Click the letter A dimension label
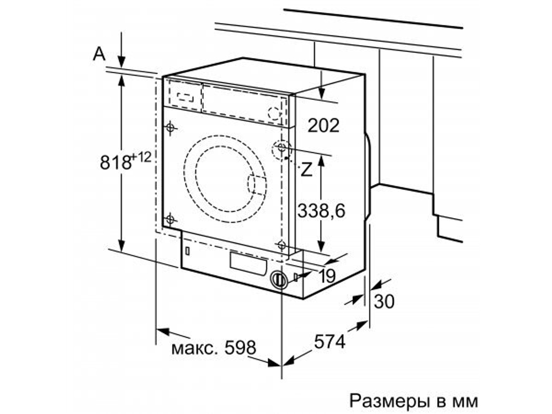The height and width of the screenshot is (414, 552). pyautogui.click(x=99, y=54)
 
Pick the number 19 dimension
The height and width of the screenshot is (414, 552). pyautogui.click(x=327, y=276)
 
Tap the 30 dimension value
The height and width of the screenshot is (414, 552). pyautogui.click(x=385, y=301)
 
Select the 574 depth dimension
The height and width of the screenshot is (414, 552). pyautogui.click(x=330, y=342)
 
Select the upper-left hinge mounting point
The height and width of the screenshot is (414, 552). pyautogui.click(x=171, y=128)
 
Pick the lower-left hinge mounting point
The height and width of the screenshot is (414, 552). pyautogui.click(x=171, y=219)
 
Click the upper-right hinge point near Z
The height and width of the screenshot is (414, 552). pyautogui.click(x=282, y=148)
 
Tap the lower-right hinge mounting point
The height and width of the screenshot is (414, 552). pyautogui.click(x=282, y=245)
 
